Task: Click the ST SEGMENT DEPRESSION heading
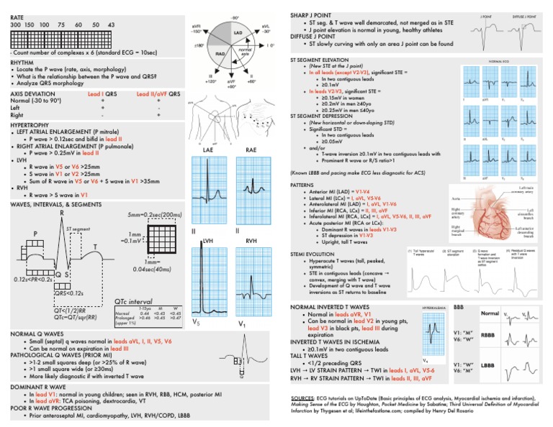[x=325, y=116]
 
